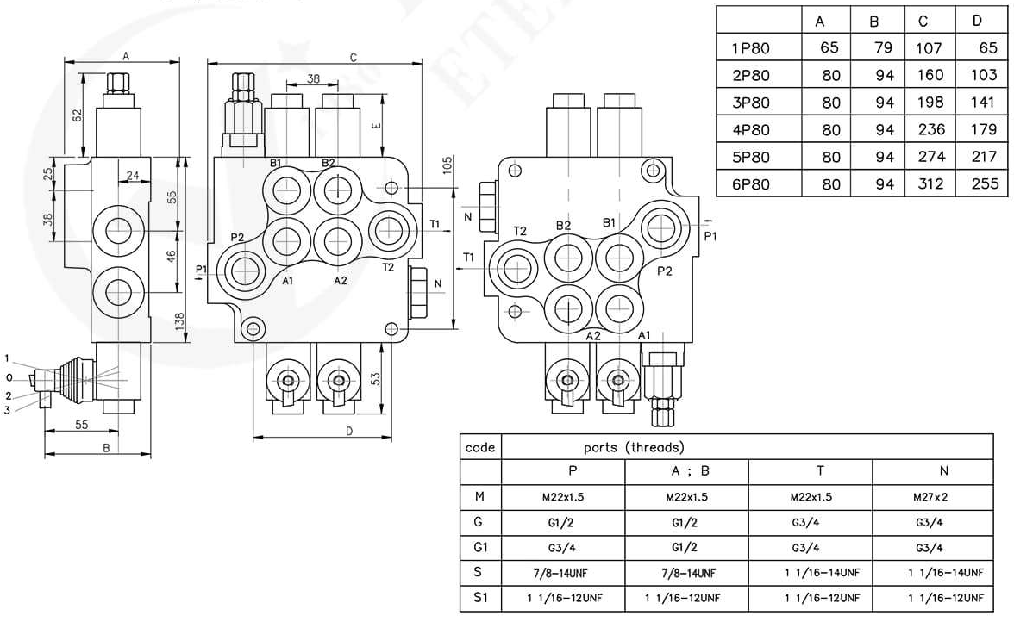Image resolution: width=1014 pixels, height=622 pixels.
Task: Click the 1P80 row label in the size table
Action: pyautogui.click(x=749, y=48)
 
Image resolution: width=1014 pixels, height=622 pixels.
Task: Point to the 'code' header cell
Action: pyautogui.click(x=479, y=447)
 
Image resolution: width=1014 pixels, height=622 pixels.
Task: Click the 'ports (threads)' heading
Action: pyautogui.click(x=633, y=447)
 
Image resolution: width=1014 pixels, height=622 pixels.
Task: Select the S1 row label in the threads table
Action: pyautogui.click(x=479, y=597)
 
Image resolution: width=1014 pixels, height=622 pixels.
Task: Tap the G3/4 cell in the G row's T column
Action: pyautogui.click(x=809, y=522)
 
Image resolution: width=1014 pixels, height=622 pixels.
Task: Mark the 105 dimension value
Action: pyautogui.click(x=448, y=165)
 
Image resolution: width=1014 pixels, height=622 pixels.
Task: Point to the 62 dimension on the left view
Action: pyautogui.click(x=78, y=115)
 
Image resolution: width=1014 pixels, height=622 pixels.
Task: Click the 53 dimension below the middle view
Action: pyautogui.click(x=376, y=378)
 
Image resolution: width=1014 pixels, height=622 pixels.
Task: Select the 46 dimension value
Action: pyautogui.click(x=172, y=257)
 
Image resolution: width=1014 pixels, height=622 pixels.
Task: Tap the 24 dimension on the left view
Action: pyautogui.click(x=133, y=176)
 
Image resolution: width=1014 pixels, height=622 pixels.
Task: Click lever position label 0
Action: pyautogui.click(x=8, y=376)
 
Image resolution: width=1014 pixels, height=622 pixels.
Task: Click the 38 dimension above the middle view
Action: pyautogui.click(x=313, y=78)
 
